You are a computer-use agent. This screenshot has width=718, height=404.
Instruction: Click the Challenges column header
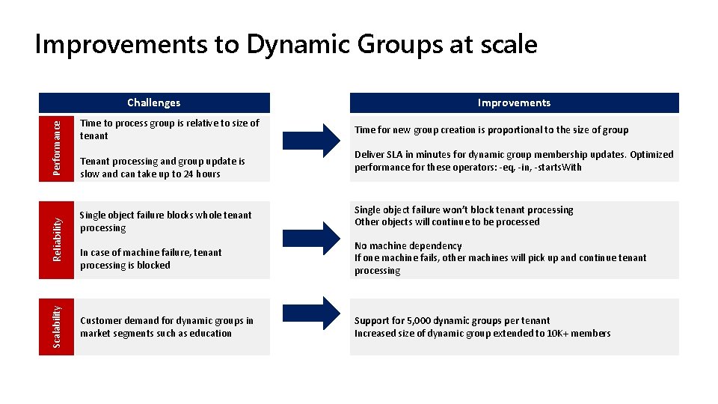tap(153, 102)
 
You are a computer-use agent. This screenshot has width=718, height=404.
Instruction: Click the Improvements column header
tap(514, 102)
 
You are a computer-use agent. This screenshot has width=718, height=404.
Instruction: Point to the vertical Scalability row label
tap(57, 327)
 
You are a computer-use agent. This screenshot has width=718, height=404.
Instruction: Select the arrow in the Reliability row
tap(309, 237)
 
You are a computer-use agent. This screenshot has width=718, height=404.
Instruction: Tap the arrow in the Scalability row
tap(309, 313)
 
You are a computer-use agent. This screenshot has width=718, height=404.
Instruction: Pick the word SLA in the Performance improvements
tap(394, 155)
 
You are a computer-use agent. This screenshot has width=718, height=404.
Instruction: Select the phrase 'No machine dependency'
tap(408, 246)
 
